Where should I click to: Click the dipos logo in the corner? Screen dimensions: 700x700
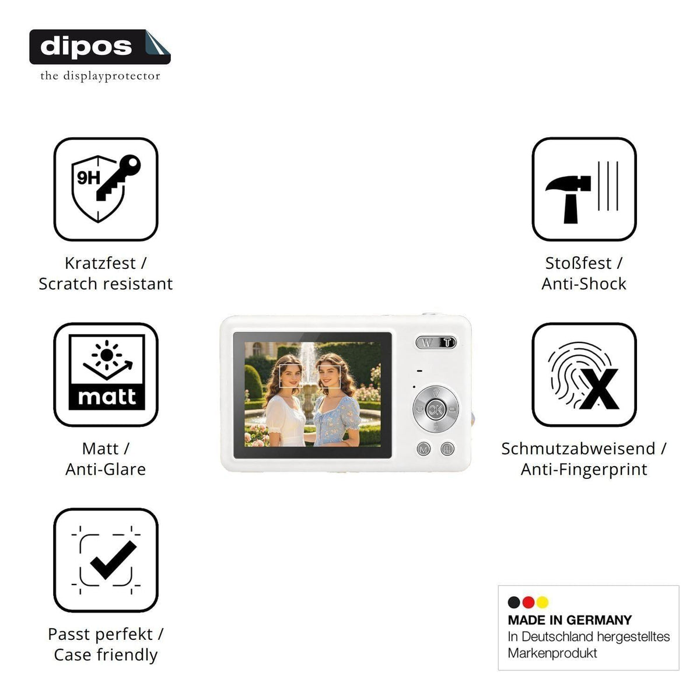click(100, 47)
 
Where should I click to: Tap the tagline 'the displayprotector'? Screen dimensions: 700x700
click(100, 76)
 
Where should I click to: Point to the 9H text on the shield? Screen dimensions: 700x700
click(88, 178)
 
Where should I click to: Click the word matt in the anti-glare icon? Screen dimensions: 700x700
click(107, 397)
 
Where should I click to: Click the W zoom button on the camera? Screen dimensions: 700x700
click(427, 342)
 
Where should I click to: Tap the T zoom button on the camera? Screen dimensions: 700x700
click(447, 342)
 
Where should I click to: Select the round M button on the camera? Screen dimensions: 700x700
click(423, 449)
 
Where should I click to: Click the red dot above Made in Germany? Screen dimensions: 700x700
click(528, 603)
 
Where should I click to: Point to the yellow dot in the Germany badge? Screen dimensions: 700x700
click(542, 603)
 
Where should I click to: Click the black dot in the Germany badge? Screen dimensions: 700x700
click(514, 603)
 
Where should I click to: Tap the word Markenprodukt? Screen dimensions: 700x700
click(552, 653)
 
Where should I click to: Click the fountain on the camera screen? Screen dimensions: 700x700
click(309, 381)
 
